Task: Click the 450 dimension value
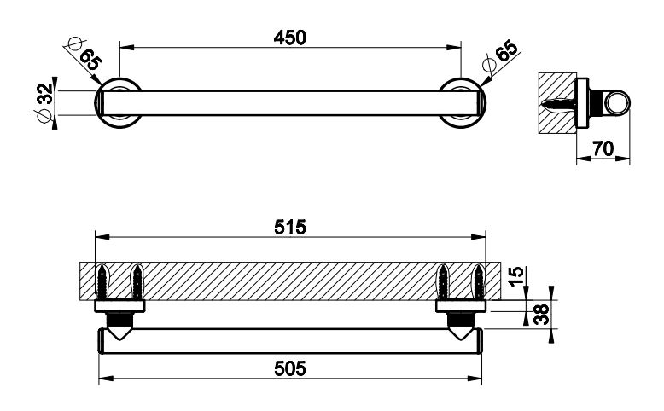[290, 38]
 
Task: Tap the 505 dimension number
[290, 368]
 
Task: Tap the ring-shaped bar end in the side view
[614, 103]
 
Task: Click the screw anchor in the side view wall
[559, 103]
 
